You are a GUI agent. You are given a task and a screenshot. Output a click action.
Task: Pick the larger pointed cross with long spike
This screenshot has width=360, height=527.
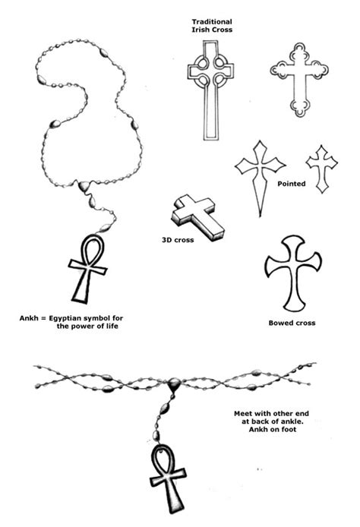tap(261, 168)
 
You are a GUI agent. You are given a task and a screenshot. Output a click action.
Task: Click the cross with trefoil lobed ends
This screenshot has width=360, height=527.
tap(299, 72)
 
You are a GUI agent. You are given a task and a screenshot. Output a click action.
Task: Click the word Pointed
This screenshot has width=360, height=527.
tap(292, 184)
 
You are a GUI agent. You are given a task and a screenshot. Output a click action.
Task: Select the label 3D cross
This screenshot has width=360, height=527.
tap(178, 240)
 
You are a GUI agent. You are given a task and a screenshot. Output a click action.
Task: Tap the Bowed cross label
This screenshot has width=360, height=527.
tap(292, 323)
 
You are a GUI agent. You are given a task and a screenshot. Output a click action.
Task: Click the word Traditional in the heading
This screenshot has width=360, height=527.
tap(212, 22)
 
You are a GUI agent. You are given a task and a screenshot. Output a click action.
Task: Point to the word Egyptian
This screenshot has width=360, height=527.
tap(65, 319)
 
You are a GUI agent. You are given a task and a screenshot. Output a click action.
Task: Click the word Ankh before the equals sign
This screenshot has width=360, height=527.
tap(29, 318)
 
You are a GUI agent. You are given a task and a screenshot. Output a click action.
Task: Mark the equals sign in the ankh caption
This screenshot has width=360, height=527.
tap(43, 318)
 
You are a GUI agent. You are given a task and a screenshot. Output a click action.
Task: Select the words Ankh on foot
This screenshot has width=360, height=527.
tap(273, 429)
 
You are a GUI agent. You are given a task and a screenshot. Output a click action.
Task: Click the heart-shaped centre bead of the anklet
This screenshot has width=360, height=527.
tap(174, 383)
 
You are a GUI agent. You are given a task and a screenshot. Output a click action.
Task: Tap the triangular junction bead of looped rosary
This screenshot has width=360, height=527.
tap(84, 185)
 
